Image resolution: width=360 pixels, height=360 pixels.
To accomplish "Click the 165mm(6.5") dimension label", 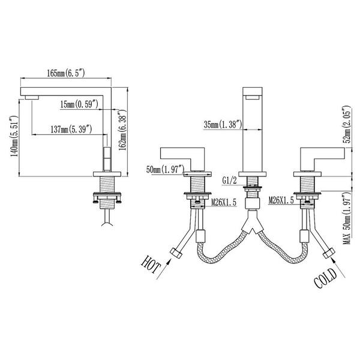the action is point(66,73).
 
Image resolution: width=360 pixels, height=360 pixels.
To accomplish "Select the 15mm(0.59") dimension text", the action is point(79,104).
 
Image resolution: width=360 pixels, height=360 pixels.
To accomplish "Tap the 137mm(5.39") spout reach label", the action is point(71,130).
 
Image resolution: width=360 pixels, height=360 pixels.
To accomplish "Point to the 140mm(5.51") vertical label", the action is point(14,136).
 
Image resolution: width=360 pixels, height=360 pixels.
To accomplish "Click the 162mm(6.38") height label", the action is point(122,130).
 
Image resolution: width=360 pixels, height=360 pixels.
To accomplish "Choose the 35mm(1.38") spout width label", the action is point(223,125).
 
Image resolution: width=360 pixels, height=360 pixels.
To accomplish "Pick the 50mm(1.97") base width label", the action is point(166,170).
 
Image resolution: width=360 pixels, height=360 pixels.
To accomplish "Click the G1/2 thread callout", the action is point(229,181).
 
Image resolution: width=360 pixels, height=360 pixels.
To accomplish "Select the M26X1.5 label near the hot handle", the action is point(224,203).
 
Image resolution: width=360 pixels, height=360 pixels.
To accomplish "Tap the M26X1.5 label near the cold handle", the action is point(281,200).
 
